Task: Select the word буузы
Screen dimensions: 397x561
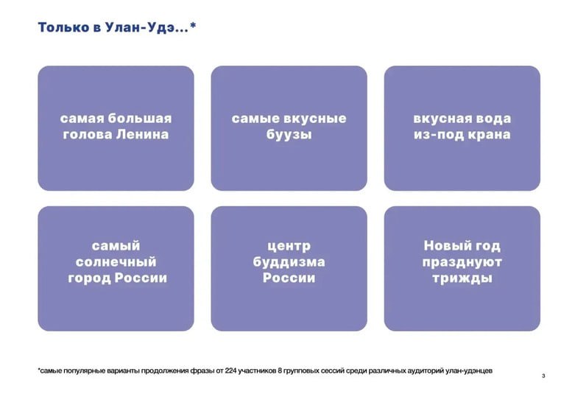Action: click(289, 136)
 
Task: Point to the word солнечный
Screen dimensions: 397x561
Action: click(116, 261)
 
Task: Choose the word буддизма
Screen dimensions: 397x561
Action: click(289, 261)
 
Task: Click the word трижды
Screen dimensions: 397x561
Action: click(462, 278)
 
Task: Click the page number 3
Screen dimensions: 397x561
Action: click(543, 376)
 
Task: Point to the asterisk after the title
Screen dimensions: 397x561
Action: click(193, 27)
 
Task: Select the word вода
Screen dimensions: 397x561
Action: click(493, 119)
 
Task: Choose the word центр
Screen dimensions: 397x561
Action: click(289, 245)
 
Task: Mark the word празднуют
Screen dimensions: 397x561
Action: click(462, 261)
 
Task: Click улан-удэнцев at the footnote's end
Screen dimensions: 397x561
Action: click(466, 370)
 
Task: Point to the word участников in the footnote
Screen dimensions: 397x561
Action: click(275, 370)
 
